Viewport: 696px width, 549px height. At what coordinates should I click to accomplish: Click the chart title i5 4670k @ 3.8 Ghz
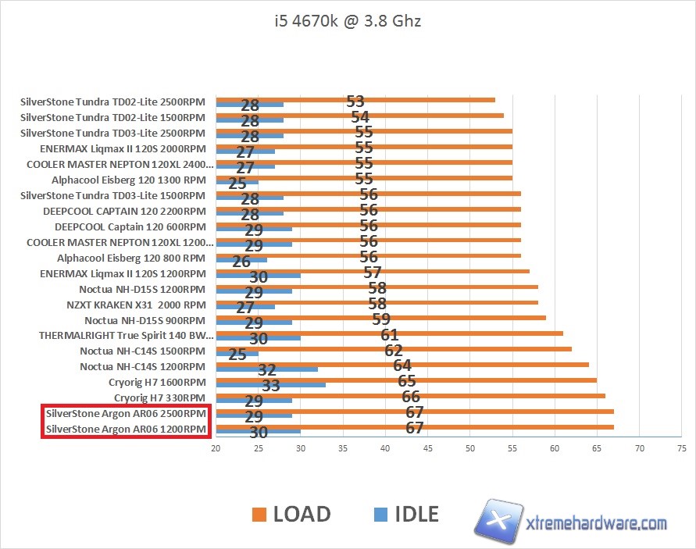pyautogui.click(x=344, y=21)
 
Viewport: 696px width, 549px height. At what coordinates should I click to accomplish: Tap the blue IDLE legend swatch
pyautogui.click(x=380, y=514)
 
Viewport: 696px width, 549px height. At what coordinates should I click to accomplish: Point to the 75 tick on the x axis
pyautogui.click(x=681, y=448)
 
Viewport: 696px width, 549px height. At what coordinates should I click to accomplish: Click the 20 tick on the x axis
pyautogui.click(x=216, y=448)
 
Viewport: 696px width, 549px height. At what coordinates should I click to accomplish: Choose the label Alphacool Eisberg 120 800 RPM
pyautogui.click(x=131, y=258)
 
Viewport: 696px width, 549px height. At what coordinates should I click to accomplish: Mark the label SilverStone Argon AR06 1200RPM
pyautogui.click(x=127, y=430)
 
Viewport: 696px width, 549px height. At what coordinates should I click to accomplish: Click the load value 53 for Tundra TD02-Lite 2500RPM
pyautogui.click(x=355, y=102)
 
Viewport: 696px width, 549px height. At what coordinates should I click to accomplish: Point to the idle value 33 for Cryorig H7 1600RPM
pyautogui.click(x=270, y=386)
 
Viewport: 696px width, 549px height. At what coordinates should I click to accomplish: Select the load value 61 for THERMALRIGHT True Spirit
pyautogui.click(x=390, y=335)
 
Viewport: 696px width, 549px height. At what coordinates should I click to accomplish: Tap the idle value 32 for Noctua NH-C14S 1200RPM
pyautogui.click(x=267, y=370)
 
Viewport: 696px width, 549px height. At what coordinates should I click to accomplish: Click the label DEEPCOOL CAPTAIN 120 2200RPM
pyautogui.click(x=125, y=211)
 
